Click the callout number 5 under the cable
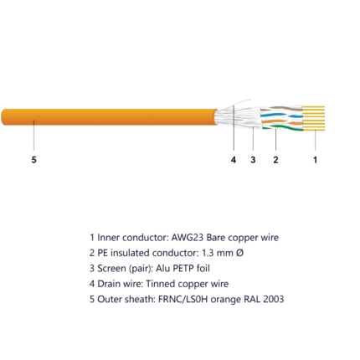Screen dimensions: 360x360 coord(33,160)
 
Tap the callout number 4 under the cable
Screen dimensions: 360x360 coord(234,160)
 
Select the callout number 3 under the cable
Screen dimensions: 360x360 coord(253,160)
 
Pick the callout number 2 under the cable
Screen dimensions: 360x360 coord(275,160)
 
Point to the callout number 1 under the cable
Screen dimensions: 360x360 coord(315,160)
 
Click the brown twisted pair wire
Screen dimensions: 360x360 coord(281,109)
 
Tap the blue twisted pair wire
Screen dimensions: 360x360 coord(281,116)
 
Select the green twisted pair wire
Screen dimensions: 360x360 coord(282,128)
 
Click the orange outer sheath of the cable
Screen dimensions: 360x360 coord(110,117)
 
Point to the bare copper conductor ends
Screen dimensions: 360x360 coord(314,118)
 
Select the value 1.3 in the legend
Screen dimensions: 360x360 coord(208,253)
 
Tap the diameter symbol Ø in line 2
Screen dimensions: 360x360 coord(239,253)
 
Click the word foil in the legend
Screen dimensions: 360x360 coord(203,268)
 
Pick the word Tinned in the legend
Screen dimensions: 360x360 coord(161,284)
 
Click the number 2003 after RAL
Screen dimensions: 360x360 coord(274,299)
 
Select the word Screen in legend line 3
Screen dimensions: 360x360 coord(111,268)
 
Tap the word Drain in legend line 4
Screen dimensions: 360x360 coord(107,284)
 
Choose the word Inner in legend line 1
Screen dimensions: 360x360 coord(108,238)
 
